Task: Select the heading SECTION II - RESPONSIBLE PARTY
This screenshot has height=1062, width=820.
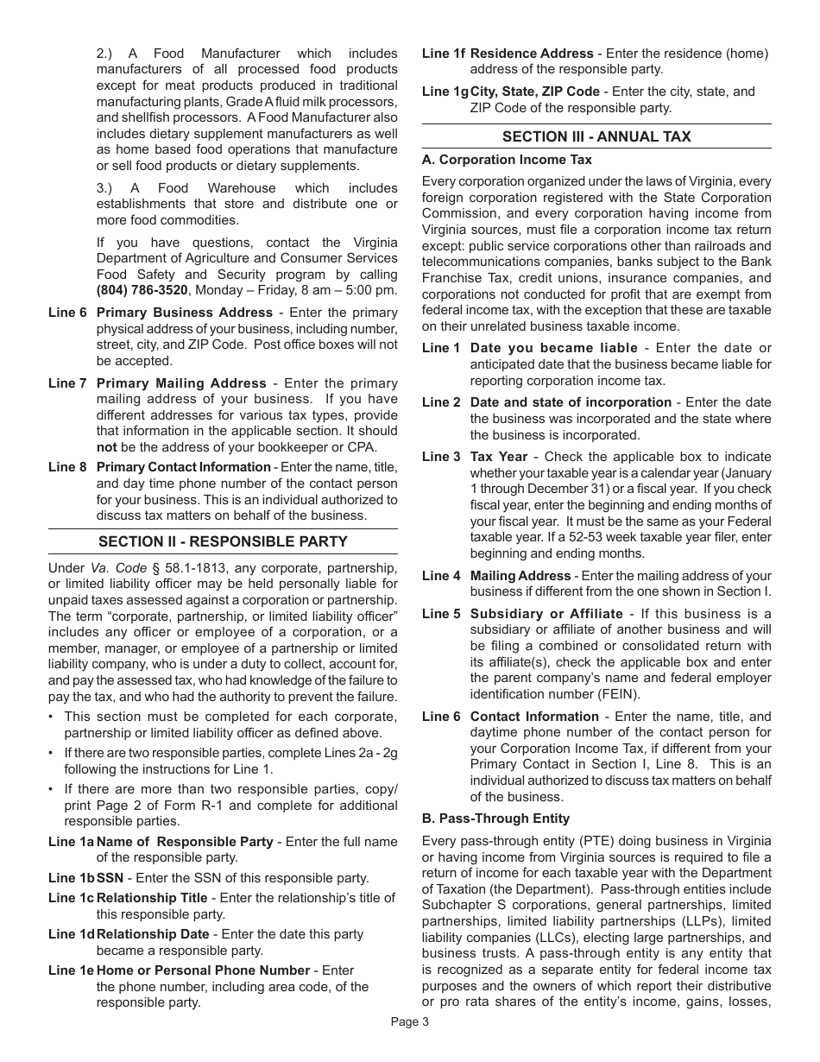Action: [223, 541]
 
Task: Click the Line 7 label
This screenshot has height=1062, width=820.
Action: [67, 383]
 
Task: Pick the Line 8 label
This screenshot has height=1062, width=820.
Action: [67, 467]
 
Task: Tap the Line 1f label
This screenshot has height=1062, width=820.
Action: [443, 54]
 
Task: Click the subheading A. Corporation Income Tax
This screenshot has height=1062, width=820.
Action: [507, 160]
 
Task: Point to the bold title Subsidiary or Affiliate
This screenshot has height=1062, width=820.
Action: [546, 614]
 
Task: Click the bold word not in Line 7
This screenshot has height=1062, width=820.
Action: [106, 447]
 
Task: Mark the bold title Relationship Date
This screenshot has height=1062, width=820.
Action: [153, 934]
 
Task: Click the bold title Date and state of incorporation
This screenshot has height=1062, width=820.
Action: [571, 402]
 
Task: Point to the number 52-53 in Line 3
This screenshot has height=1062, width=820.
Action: [634, 538]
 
